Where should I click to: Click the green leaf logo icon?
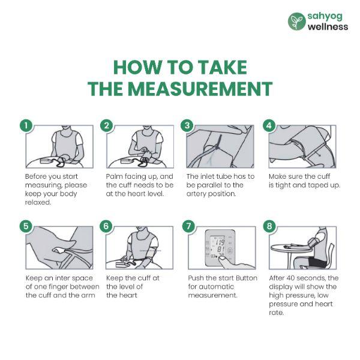click(x=297, y=22)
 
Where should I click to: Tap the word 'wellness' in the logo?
click(x=328, y=26)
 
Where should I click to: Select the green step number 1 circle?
click(x=26, y=125)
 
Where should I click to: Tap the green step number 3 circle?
click(x=187, y=125)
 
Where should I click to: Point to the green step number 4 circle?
click(x=269, y=125)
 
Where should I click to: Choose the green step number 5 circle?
click(x=26, y=226)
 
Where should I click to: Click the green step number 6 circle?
click(x=106, y=226)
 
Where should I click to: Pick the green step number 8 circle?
click(x=269, y=226)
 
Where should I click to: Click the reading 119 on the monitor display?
click(x=221, y=242)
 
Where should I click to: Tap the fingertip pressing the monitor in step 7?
click(x=222, y=259)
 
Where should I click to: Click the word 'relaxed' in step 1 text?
click(x=37, y=203)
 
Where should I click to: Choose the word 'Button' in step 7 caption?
click(x=247, y=278)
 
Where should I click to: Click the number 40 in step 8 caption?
click(x=290, y=278)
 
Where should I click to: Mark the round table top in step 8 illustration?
click(x=291, y=248)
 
